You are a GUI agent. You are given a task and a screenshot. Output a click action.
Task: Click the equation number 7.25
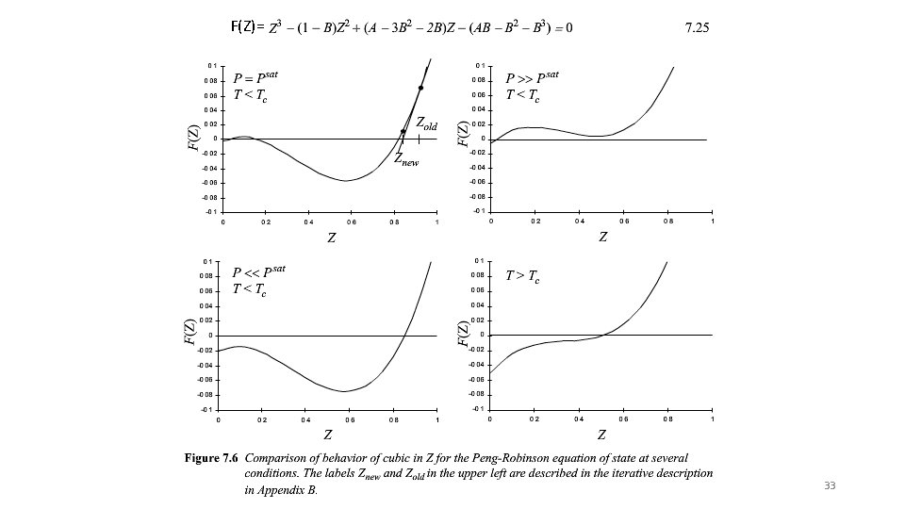[x=696, y=27]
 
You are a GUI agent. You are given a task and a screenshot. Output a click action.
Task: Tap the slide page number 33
[x=830, y=485]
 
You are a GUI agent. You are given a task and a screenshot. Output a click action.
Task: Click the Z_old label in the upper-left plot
[x=427, y=124]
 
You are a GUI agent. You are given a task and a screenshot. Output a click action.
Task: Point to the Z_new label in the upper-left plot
[x=405, y=160]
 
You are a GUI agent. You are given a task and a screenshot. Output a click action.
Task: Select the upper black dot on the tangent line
[x=420, y=89]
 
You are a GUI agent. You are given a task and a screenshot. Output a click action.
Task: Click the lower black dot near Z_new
[x=403, y=132]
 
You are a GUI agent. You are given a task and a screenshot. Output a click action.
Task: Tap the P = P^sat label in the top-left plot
[x=255, y=76]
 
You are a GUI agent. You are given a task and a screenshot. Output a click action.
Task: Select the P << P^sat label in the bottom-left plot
[x=258, y=272]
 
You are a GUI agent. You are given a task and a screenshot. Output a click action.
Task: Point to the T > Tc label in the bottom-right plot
[x=522, y=276]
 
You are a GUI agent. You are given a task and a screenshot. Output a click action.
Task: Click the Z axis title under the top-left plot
[x=330, y=238]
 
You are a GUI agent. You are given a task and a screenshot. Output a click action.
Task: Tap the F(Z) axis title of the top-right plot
[x=462, y=132]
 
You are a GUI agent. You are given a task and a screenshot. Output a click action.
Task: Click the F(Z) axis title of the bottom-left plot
[x=189, y=332]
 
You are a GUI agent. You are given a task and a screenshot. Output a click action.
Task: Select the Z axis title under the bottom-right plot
[x=601, y=435]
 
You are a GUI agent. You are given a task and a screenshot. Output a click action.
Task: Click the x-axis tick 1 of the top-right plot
[x=713, y=222]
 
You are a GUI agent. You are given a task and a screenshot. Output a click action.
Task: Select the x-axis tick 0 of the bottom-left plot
[x=218, y=419]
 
